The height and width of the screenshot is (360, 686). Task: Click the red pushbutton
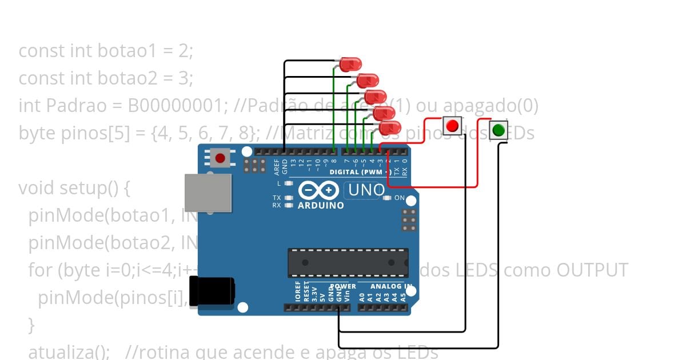[x=453, y=126]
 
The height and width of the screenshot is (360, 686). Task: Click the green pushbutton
[x=498, y=130]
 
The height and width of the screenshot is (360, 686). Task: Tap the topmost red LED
[x=348, y=65]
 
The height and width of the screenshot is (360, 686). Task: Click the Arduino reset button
[x=220, y=157]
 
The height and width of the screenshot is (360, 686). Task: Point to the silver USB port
[x=208, y=193]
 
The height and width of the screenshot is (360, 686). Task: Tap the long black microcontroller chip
[x=348, y=263]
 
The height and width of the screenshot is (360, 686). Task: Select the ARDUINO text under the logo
[x=321, y=205]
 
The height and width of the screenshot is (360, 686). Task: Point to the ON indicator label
[x=400, y=198]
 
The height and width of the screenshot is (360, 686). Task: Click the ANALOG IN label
[x=391, y=286]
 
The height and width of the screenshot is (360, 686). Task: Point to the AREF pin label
[x=277, y=166]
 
